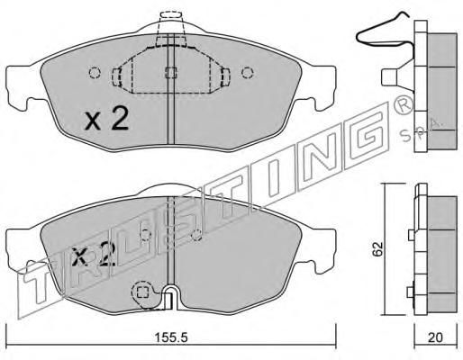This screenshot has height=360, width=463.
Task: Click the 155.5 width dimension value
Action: [x=171, y=337]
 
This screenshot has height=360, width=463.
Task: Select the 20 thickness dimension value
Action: [x=435, y=338]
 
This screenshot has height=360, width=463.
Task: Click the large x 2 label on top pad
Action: [x=106, y=119]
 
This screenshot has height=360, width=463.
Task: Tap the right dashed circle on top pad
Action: [x=248, y=73]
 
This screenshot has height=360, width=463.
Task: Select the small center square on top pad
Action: [x=171, y=72]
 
